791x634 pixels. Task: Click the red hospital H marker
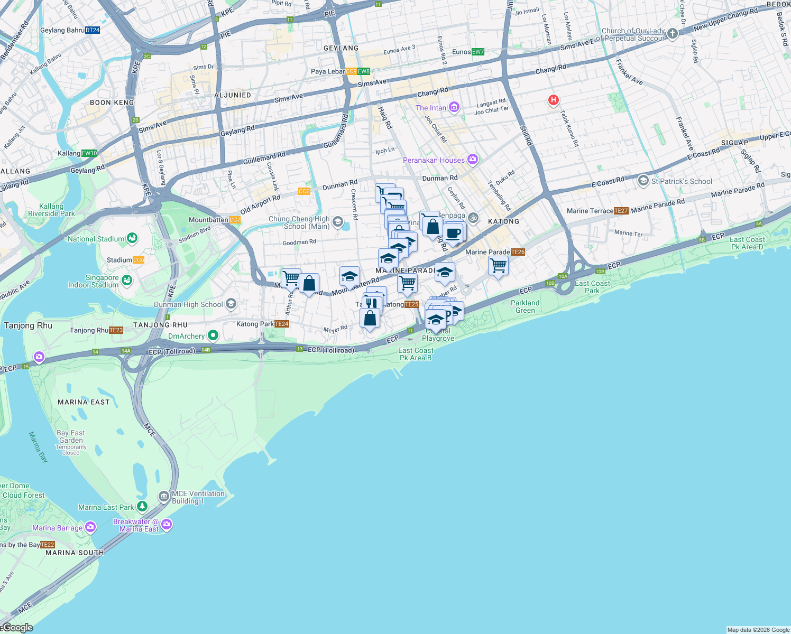(x=553, y=100)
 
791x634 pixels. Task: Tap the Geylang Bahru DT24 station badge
(x=93, y=30)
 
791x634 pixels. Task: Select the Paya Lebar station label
(x=328, y=71)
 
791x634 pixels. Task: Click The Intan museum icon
(x=454, y=108)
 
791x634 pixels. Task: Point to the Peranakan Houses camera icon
(x=473, y=160)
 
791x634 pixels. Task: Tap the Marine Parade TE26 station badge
(x=518, y=252)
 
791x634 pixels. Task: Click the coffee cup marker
(x=454, y=233)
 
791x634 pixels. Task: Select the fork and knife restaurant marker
(x=372, y=304)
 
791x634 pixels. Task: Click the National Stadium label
(x=96, y=239)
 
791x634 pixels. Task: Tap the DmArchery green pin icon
(x=213, y=335)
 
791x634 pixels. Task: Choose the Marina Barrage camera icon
(x=90, y=527)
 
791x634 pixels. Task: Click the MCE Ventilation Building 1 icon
(x=164, y=497)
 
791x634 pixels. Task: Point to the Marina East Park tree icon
(x=142, y=507)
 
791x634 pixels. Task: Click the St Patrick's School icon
(x=643, y=181)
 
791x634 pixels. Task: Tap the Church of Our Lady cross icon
(x=672, y=34)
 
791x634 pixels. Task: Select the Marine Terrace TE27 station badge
(x=621, y=211)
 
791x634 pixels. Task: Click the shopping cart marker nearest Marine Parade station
(x=498, y=266)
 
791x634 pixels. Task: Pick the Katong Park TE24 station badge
(x=282, y=324)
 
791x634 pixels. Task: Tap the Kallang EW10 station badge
(x=89, y=153)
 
